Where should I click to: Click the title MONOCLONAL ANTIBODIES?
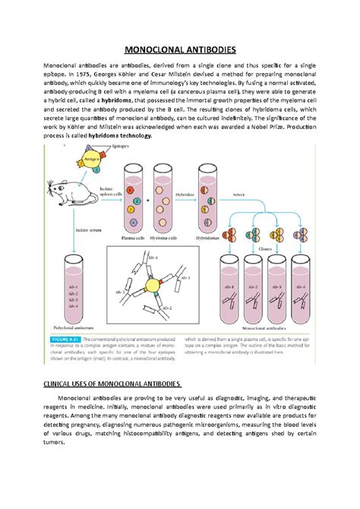(x=180, y=47)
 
